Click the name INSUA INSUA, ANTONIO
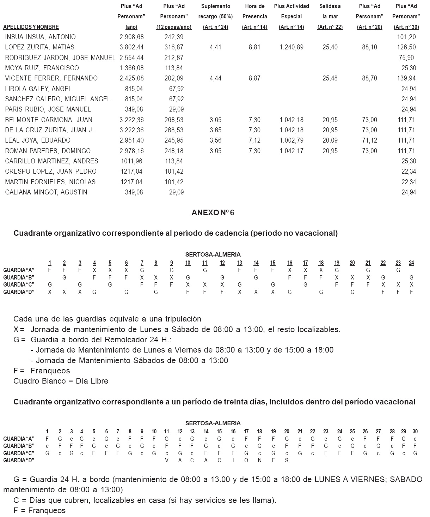click(x=40, y=37)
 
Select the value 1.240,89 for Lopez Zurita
click(x=291, y=47)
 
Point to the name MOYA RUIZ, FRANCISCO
click(x=42, y=68)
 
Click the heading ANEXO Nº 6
click(x=213, y=213)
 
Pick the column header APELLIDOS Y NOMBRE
click(x=31, y=27)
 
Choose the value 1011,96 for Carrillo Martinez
click(x=131, y=161)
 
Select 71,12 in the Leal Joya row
click(x=369, y=140)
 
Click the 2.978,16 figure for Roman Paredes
click(x=131, y=151)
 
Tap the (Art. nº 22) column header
click(x=330, y=27)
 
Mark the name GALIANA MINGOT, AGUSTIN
click(x=46, y=192)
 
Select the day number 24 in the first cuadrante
click(x=411, y=263)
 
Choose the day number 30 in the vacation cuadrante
click(x=415, y=432)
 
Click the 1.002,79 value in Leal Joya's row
click(x=291, y=140)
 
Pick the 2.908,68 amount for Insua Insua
click(x=131, y=37)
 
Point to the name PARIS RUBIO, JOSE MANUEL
click(x=48, y=109)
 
